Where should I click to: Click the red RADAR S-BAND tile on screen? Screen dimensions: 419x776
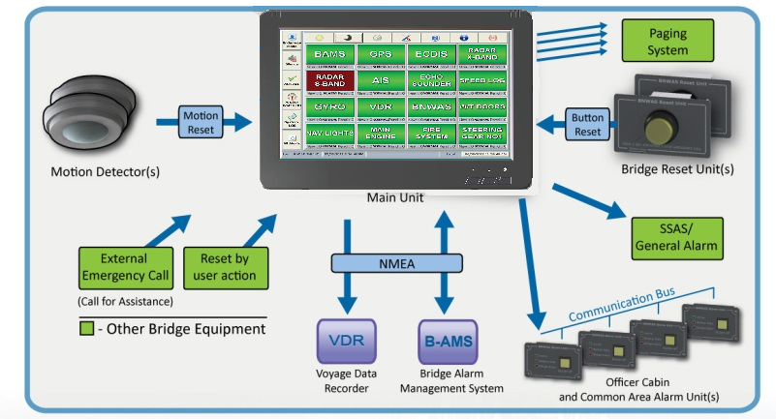[330, 81]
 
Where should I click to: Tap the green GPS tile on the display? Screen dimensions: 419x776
[381, 54]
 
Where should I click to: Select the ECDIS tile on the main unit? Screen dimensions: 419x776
[431, 54]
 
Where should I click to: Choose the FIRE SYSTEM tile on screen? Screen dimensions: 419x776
[431, 134]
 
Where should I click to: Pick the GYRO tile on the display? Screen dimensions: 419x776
[330, 107]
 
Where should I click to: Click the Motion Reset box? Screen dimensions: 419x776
[201, 122]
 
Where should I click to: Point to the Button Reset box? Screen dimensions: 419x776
[588, 123]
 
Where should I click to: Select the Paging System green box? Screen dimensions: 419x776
[667, 41]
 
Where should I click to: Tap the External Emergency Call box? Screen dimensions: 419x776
[124, 267]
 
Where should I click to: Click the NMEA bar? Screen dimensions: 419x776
[389, 262]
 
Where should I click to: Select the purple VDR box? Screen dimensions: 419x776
[346, 342]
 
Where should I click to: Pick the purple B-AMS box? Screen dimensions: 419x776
[447, 342]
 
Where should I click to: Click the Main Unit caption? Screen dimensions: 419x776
[393, 198]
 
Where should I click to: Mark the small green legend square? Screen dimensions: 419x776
[86, 329]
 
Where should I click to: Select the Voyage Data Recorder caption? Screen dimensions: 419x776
[346, 380]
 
